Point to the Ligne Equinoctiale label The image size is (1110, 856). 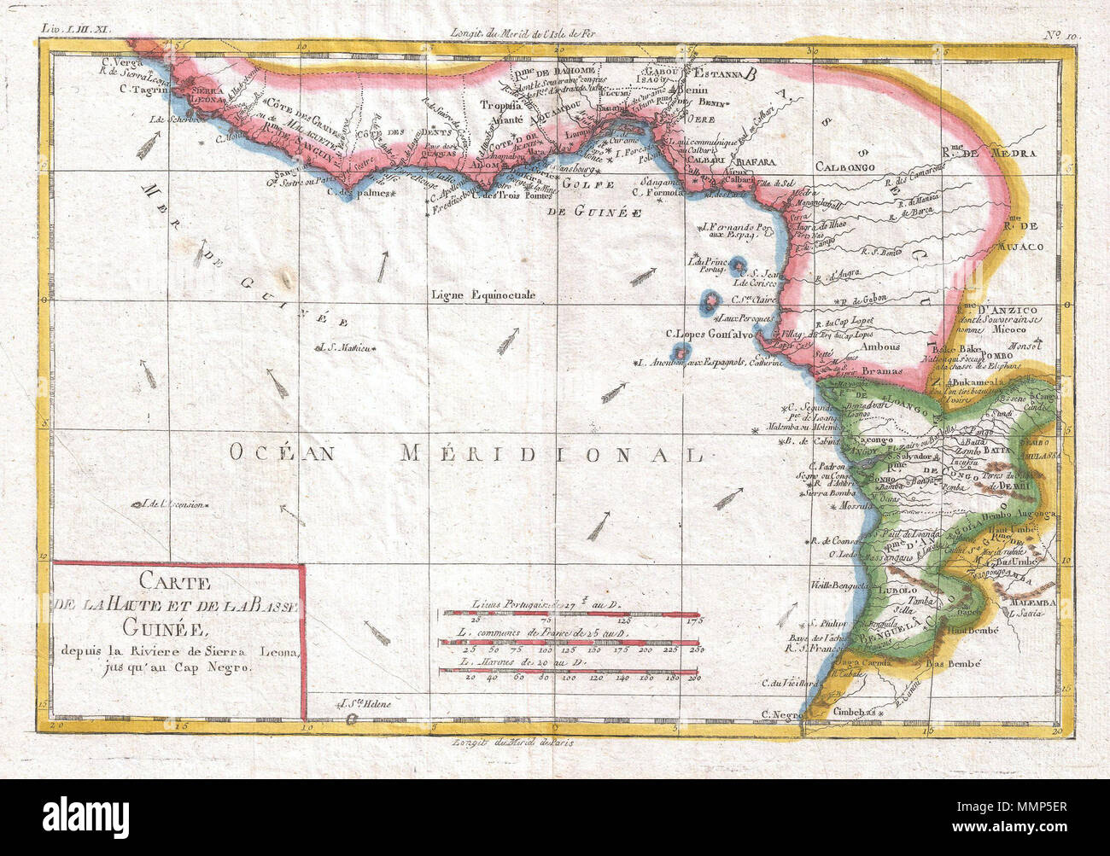[483, 294]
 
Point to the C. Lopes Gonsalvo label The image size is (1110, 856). [709, 334]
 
